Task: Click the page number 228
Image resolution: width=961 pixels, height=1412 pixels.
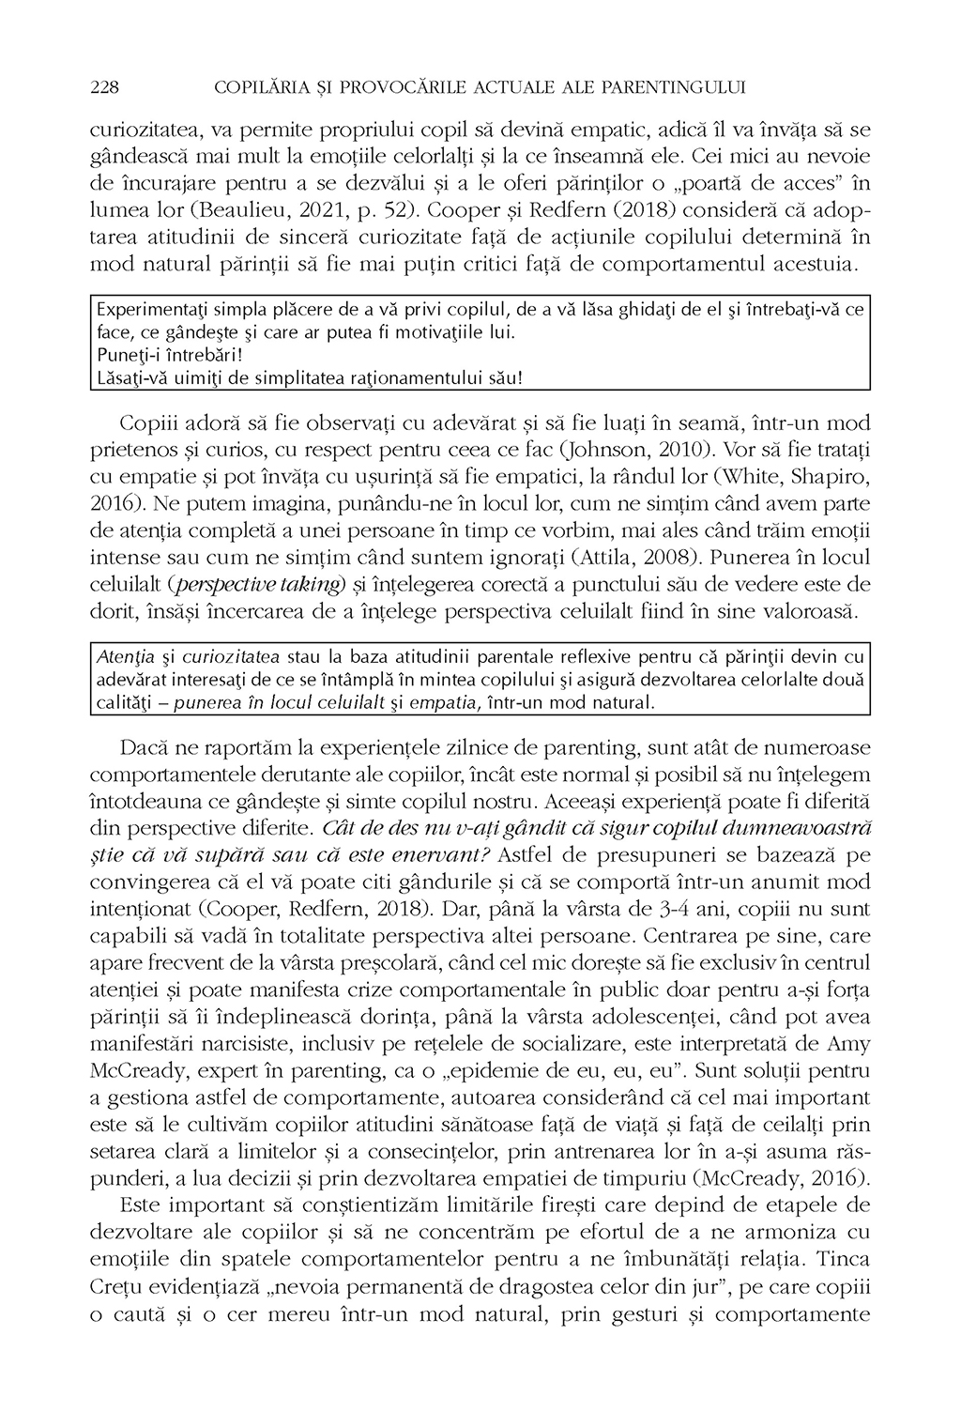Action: [x=104, y=87]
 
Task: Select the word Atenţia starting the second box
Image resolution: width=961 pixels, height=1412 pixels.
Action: [x=119, y=654]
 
